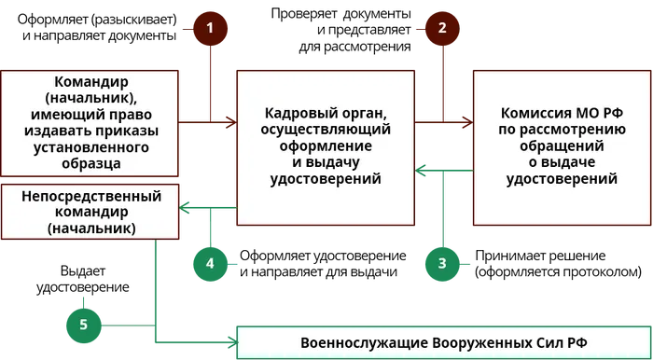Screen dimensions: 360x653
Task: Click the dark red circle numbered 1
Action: tap(210, 28)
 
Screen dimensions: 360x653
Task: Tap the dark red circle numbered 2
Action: tap(443, 28)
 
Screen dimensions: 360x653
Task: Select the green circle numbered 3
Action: tap(443, 263)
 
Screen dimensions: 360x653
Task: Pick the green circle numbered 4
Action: tap(210, 263)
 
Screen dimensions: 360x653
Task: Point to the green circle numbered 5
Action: tap(84, 324)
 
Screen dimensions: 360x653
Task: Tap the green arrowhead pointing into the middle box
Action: tap(422, 169)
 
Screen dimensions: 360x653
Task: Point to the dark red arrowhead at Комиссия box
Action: tap(464, 120)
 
